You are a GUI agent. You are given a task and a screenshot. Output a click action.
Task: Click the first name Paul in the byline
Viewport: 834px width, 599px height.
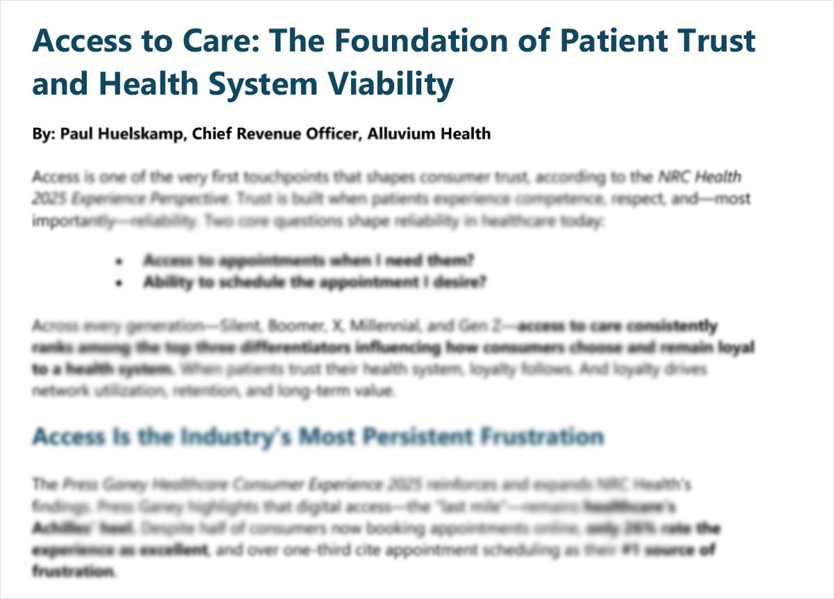click(76, 134)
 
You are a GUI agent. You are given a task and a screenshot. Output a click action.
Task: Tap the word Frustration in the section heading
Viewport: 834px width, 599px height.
click(542, 437)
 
